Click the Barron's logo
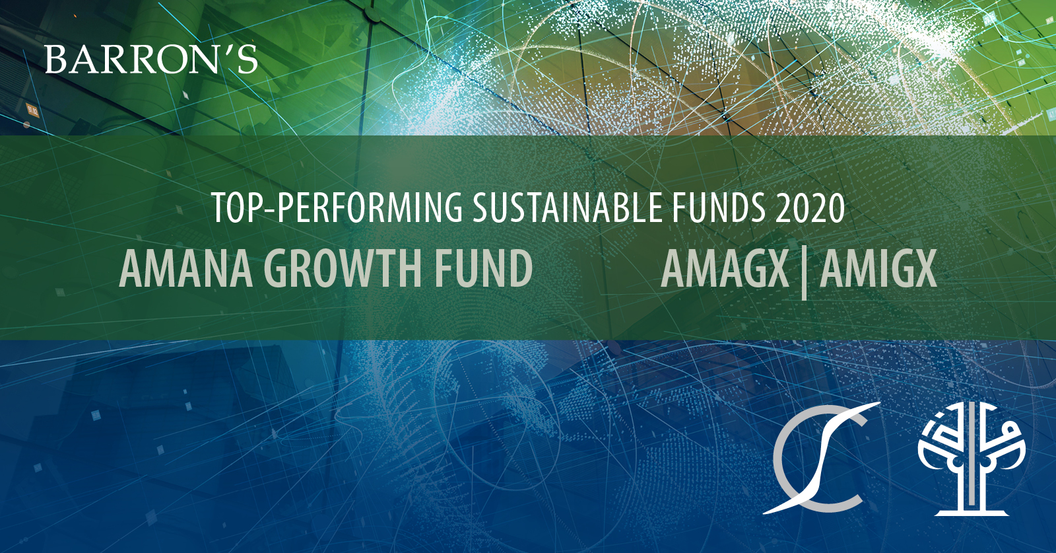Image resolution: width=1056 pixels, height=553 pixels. [x=151, y=59]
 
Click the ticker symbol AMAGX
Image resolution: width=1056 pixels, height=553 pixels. [x=725, y=270]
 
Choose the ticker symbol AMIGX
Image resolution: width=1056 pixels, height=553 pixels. [x=878, y=270]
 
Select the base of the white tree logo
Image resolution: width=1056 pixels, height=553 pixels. [x=972, y=511]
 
